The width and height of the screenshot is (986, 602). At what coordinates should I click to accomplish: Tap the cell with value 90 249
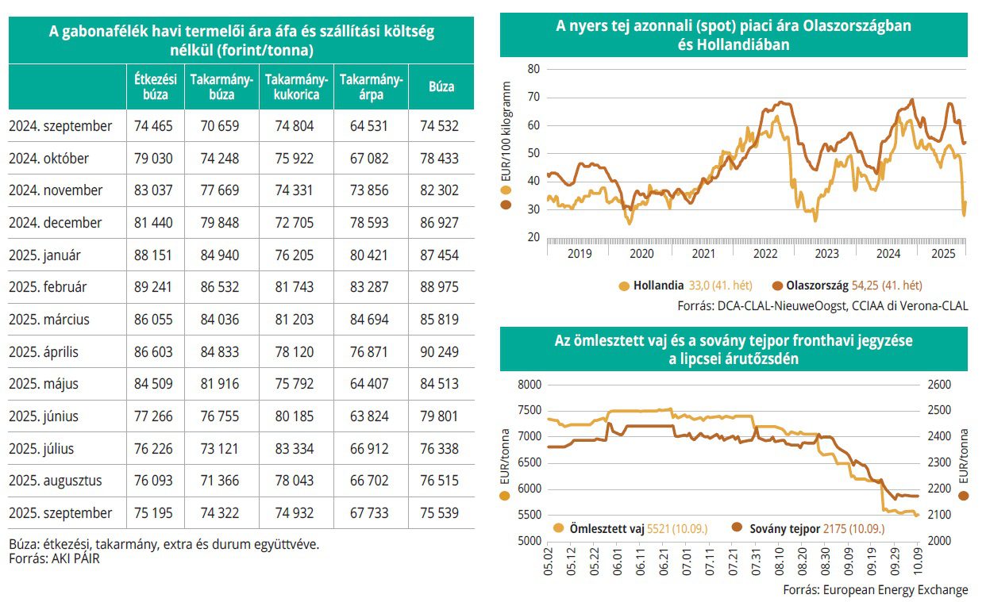[441, 351]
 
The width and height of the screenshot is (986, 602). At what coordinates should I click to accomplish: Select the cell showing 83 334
[293, 449]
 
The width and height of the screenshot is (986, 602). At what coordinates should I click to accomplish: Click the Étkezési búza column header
[155, 86]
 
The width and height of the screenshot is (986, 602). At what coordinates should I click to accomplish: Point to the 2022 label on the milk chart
[765, 254]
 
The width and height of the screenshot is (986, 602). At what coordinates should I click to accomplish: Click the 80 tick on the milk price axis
[533, 69]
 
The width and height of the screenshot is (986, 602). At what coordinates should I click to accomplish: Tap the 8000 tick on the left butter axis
[528, 385]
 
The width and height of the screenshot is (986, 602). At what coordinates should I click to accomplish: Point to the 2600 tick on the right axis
[938, 385]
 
